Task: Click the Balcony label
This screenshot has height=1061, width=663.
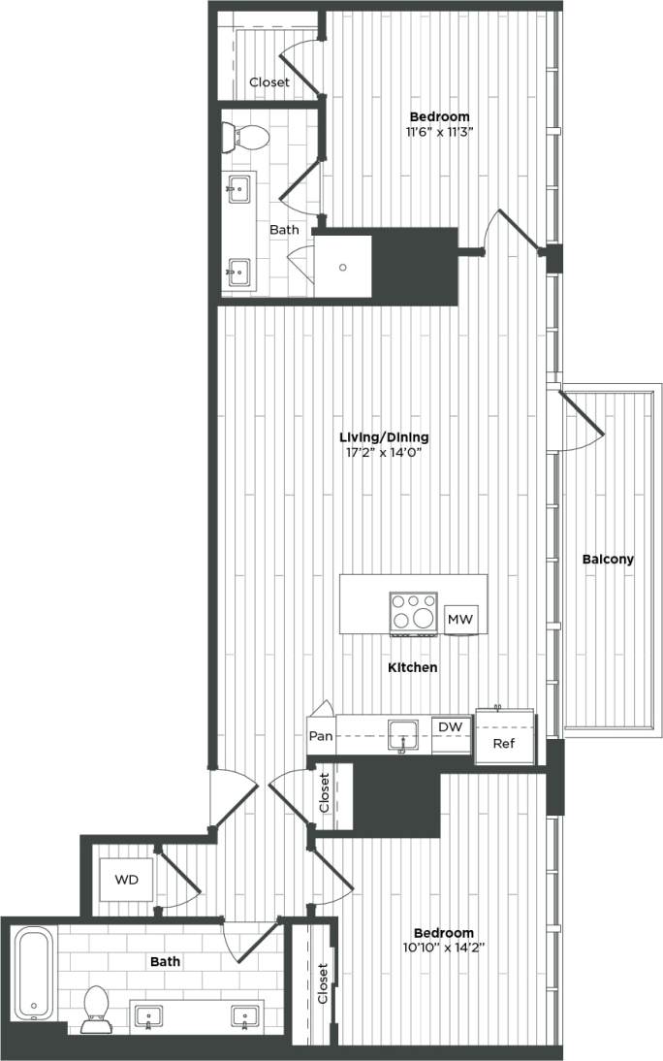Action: click(608, 560)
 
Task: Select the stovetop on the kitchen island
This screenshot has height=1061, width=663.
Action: click(413, 612)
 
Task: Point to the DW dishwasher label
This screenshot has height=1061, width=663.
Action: click(449, 726)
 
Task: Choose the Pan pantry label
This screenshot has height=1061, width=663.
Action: click(321, 736)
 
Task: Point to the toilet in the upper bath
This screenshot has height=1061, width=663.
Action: click(242, 137)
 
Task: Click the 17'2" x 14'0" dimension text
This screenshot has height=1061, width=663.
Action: click(385, 452)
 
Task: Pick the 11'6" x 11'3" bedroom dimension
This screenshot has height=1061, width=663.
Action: click(439, 134)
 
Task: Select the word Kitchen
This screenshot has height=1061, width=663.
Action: click(413, 668)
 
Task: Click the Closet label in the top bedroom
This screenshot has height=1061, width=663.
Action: click(268, 82)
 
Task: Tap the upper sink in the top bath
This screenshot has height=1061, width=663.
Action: click(238, 186)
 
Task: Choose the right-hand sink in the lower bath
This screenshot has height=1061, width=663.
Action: click(243, 1016)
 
